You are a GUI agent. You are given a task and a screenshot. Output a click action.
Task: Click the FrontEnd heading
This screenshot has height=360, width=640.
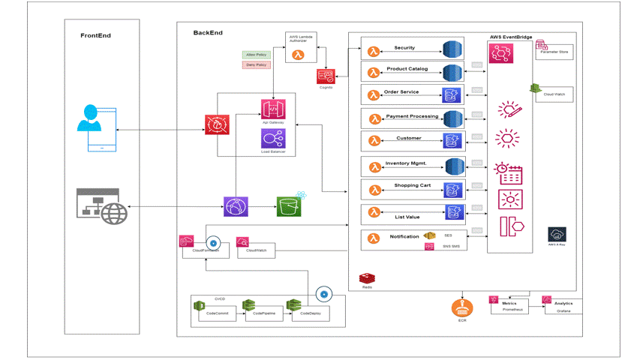pyautogui.click(x=95, y=35)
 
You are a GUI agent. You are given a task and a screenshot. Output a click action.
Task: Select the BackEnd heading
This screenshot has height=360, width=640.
pyautogui.click(x=208, y=33)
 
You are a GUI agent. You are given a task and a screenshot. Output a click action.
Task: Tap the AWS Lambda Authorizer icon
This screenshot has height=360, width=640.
pyautogui.click(x=298, y=54)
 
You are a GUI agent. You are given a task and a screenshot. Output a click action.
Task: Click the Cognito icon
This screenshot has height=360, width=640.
pyautogui.click(x=326, y=76)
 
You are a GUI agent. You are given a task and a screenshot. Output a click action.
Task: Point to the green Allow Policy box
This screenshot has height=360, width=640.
pyautogui.click(x=257, y=54)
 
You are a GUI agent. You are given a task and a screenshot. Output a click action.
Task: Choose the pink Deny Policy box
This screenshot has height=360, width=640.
pyautogui.click(x=257, y=65)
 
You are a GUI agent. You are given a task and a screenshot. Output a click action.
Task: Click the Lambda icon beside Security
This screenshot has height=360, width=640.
pyautogui.click(x=373, y=51)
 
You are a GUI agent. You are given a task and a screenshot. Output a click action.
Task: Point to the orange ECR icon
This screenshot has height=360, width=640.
pyautogui.click(x=461, y=307)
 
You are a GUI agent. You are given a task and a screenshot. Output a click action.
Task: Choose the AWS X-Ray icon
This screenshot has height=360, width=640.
pyautogui.click(x=557, y=234)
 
